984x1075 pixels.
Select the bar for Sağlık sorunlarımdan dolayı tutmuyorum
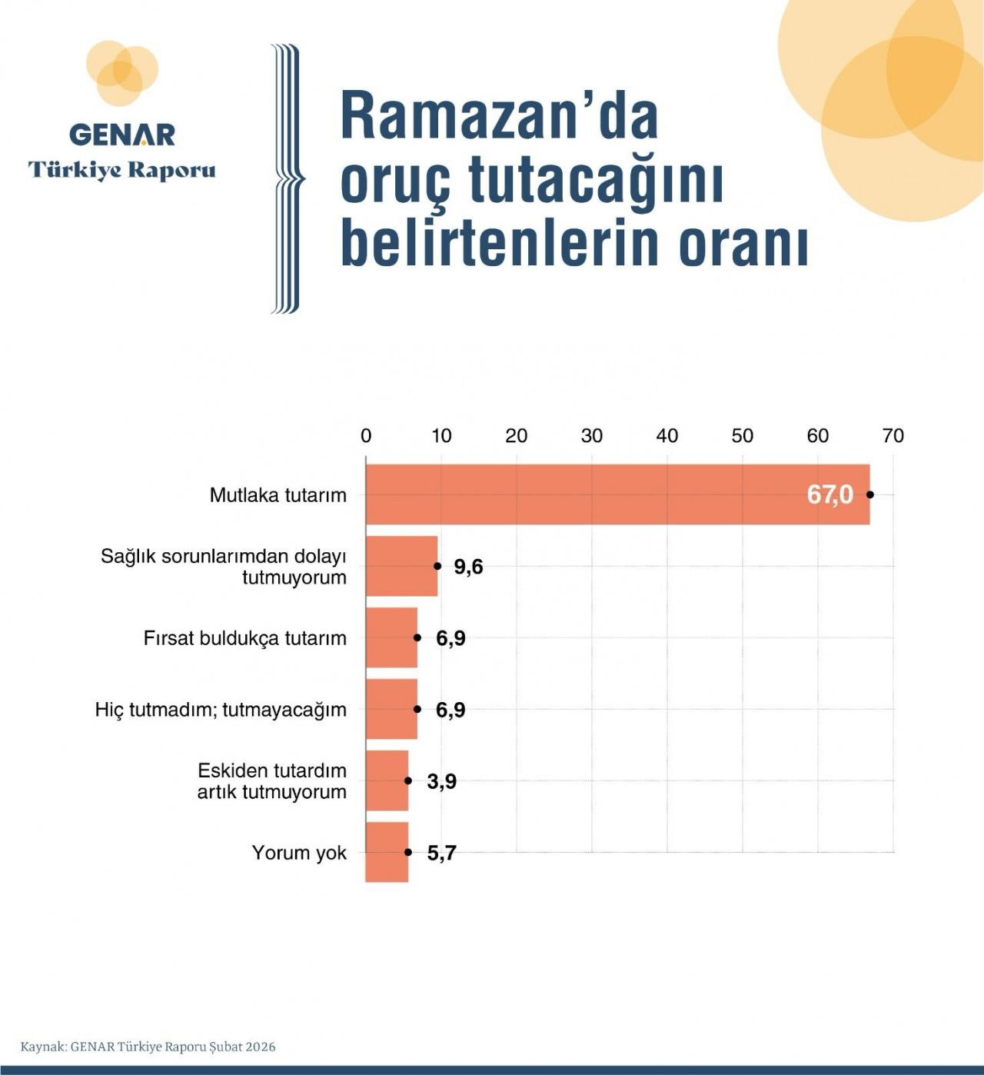point(401,566)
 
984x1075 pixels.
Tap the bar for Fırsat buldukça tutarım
point(391,637)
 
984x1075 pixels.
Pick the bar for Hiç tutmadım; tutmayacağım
point(391,709)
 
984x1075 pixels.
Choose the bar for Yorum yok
point(387,852)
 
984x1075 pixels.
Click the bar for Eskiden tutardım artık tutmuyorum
point(387,780)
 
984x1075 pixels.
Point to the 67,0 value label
point(829,494)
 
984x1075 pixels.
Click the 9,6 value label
point(468,567)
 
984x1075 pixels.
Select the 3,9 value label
point(442,781)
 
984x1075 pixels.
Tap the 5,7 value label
point(442,853)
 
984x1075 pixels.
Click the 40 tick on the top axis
point(667,436)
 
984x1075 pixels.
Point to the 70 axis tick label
point(893,436)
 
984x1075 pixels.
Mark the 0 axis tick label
point(366,436)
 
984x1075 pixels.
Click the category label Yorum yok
point(299,853)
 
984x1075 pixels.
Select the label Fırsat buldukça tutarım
point(244,638)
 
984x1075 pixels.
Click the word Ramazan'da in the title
point(500,116)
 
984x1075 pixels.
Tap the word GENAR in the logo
point(122,135)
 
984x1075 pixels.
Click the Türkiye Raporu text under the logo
point(122,169)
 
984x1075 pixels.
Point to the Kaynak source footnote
point(148,1047)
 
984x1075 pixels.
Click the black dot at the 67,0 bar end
point(870,494)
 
